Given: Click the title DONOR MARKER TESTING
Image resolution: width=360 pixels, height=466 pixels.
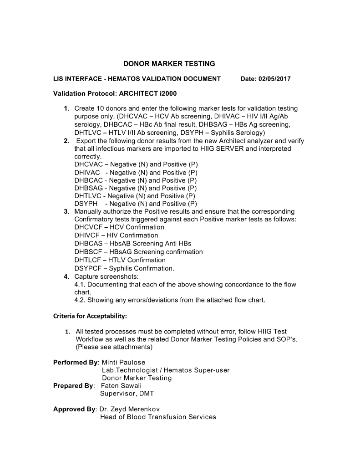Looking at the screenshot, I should point(169,64).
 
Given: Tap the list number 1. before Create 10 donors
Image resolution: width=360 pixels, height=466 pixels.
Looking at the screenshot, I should point(66,108).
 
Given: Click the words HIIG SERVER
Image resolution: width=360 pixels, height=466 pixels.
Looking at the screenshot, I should point(225,149).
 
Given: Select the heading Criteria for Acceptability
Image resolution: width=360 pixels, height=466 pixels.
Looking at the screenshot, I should point(90,316).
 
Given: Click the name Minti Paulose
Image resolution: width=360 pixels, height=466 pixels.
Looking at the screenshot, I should point(123,362).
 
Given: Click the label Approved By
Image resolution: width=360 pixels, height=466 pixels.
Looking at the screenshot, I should point(74,409).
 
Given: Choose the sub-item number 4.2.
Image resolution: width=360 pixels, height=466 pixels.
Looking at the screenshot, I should point(80,300).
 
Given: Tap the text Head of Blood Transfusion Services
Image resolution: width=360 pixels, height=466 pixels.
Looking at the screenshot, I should point(158,417).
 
